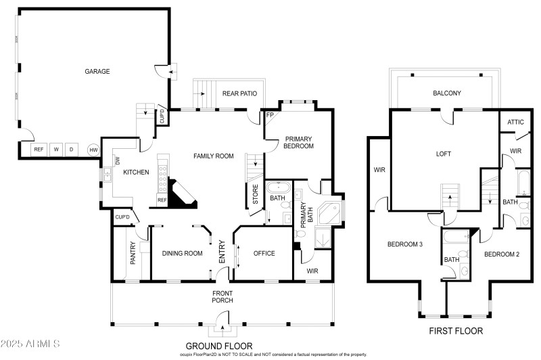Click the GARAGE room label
click(x=97, y=71)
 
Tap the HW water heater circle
click(x=93, y=150)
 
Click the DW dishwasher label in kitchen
click(x=118, y=161)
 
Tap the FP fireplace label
click(x=270, y=115)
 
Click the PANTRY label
click(x=133, y=253)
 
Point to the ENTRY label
click(x=222, y=253)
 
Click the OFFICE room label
click(x=264, y=254)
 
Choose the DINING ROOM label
click(x=183, y=254)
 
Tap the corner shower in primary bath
click(x=331, y=213)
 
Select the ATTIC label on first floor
click(x=516, y=122)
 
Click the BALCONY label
click(x=446, y=93)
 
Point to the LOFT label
click(x=443, y=154)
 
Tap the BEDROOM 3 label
click(x=404, y=244)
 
